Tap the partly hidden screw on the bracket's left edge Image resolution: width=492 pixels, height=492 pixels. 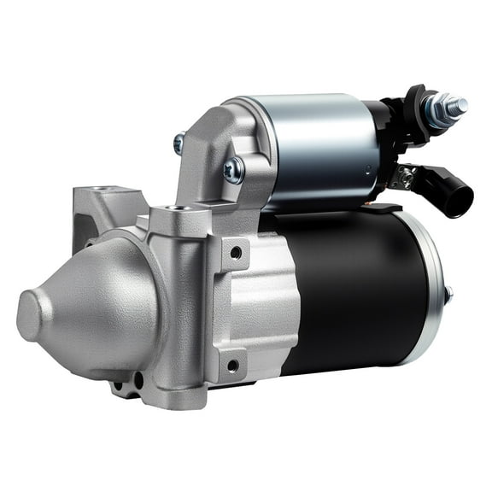(179, 143)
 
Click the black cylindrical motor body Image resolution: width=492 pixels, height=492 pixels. (359, 290)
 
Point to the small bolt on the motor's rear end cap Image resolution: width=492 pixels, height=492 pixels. (448, 295)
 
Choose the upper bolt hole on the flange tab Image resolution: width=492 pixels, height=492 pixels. (233, 253)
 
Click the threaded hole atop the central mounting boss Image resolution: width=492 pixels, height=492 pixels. (178, 207)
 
